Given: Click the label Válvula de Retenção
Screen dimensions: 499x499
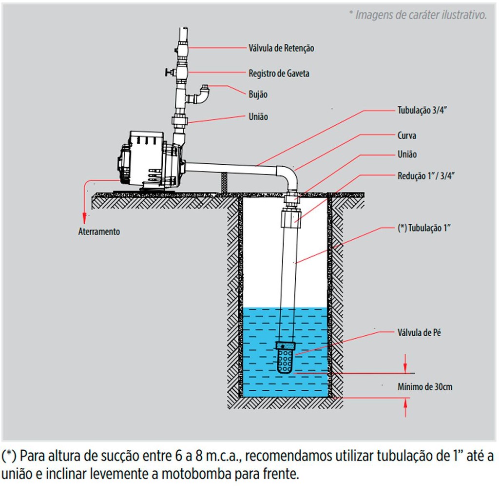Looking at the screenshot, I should pos(281,48).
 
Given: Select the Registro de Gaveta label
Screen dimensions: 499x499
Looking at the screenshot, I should pos(279,74).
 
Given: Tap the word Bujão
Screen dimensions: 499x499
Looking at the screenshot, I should pos(258,95).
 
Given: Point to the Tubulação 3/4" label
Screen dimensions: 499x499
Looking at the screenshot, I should pos(422,111).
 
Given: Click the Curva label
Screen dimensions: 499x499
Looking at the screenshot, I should pos(407,135).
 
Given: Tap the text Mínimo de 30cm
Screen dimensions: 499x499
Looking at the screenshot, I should pos(425,387).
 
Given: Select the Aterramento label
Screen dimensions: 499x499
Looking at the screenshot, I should pos(99,231).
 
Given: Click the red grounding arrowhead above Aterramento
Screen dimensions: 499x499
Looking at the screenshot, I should pos(84,217).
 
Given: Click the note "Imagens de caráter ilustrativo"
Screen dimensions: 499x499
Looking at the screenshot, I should pos(418,15).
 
